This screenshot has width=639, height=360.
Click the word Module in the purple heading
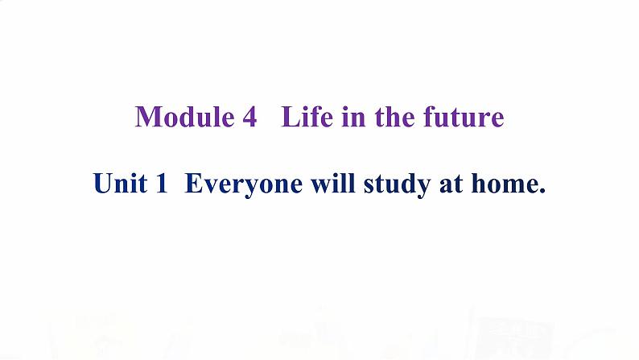tap(184, 117)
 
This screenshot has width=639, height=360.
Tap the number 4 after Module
tap(249, 118)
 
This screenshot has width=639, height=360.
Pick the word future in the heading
tap(464, 117)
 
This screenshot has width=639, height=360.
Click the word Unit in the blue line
tap(120, 183)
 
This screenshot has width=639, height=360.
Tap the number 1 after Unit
tap(162, 183)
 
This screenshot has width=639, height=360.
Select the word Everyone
tap(244, 184)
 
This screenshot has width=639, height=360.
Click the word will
tap(333, 183)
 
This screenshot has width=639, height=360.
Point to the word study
tap(397, 184)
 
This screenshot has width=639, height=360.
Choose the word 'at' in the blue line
tap(451, 184)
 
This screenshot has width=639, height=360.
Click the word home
tap(503, 183)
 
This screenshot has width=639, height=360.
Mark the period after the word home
tap(542, 191)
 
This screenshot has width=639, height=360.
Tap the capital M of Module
tap(147, 117)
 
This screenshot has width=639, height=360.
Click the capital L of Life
tap(291, 117)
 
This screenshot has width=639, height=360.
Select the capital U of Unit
tap(103, 184)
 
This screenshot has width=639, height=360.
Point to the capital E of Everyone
tap(195, 183)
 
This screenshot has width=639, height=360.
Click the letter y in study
tap(423, 188)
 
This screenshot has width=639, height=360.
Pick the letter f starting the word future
tap(430, 117)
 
